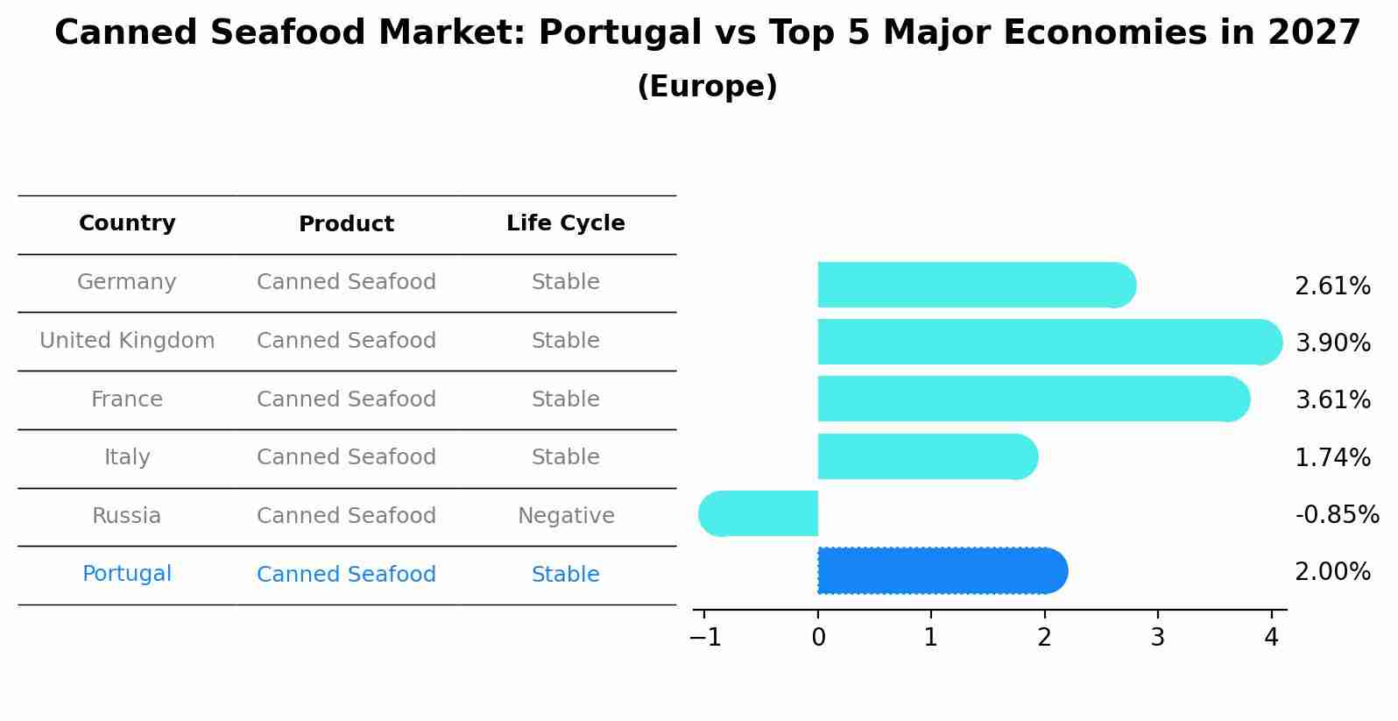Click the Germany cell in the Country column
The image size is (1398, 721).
[x=127, y=282]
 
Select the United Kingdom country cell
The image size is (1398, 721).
[x=127, y=341]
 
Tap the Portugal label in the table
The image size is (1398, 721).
[x=127, y=574]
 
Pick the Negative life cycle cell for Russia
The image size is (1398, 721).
[x=566, y=516]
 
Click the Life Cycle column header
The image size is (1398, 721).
[x=566, y=223]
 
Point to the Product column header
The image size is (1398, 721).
[x=346, y=224]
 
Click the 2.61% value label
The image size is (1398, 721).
[x=1332, y=286]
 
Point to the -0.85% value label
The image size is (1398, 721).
[x=1337, y=514]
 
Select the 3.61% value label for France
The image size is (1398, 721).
[x=1332, y=400]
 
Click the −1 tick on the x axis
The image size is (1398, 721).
[x=705, y=638]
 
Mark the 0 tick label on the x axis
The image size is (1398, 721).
[x=818, y=638]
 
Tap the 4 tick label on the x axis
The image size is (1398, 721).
[x=1271, y=638]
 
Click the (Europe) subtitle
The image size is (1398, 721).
[x=707, y=87]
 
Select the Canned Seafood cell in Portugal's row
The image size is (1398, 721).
[x=346, y=575]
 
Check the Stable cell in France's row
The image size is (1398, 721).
[x=566, y=399]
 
